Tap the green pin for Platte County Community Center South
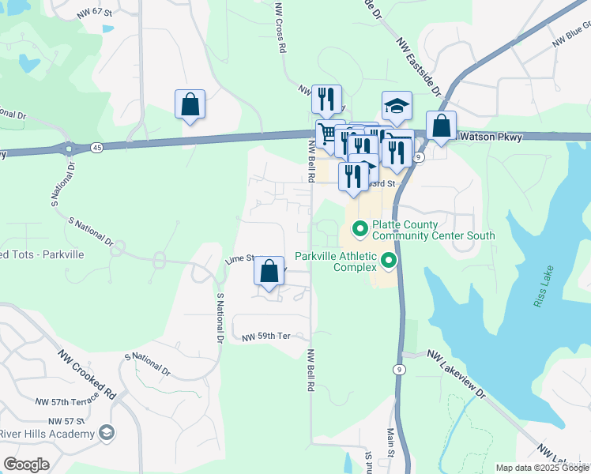tap(359, 229)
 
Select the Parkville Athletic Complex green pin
tap(388, 260)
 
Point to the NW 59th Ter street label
tap(267, 336)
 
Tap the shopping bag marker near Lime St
tap(269, 271)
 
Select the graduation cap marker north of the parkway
tap(397, 105)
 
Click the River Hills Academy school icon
tap(105, 433)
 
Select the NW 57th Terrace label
tap(68, 401)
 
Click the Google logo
tap(26, 465)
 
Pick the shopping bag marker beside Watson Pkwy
tap(441, 125)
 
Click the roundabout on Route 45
tap(70, 148)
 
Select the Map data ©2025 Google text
tap(542, 468)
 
